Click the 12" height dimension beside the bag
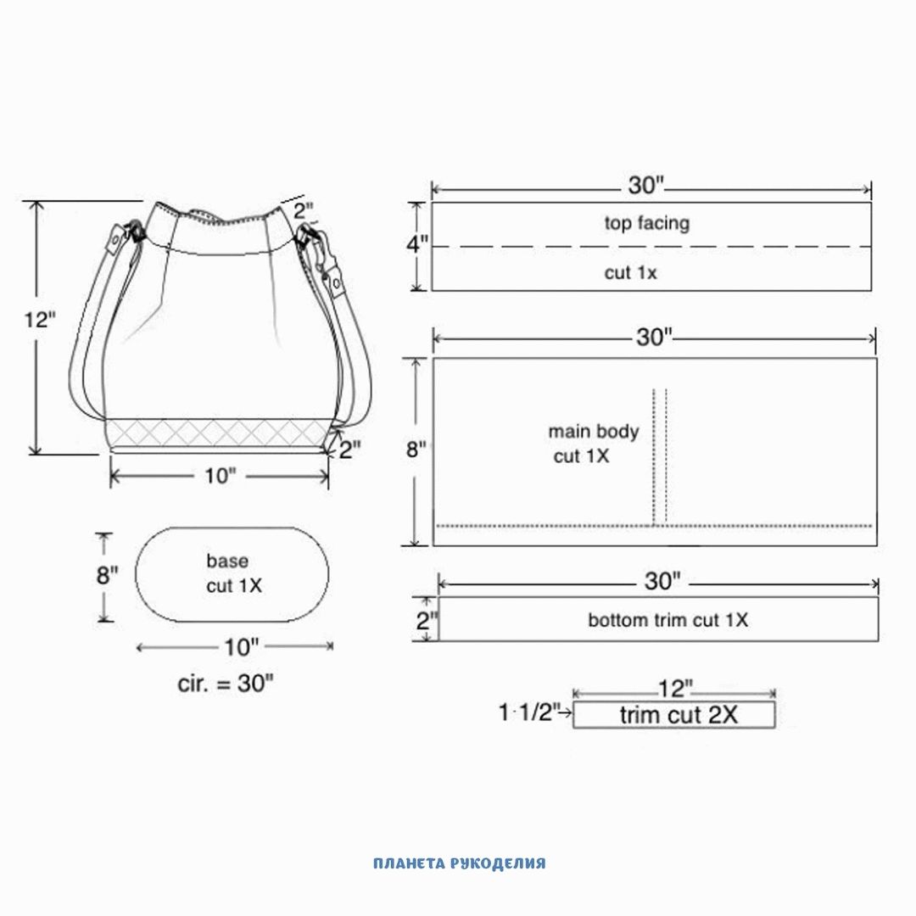[40, 320]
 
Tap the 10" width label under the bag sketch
[220, 476]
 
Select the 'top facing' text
[646, 223]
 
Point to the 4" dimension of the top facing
[417, 243]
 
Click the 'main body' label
[594, 432]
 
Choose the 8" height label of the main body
[416, 450]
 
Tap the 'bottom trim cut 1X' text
[667, 620]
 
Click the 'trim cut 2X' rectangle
[674, 714]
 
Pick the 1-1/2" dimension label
[528, 712]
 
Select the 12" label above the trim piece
[675, 689]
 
